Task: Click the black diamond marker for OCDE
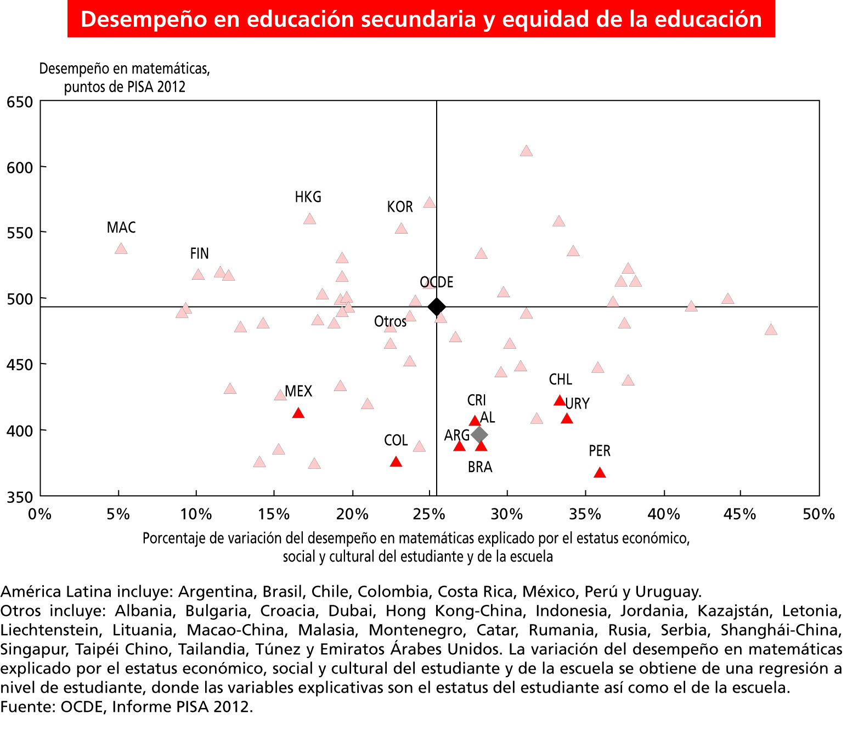point(436,307)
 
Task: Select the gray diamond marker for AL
point(479,435)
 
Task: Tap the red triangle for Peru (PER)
point(600,473)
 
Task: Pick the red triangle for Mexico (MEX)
point(298,413)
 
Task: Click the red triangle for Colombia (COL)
point(396,462)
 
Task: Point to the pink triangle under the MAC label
point(121,249)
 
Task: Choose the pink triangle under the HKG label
point(309,219)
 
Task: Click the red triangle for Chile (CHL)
point(560,401)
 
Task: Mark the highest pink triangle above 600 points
point(526,151)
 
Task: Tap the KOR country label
point(399,207)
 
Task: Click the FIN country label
point(199,253)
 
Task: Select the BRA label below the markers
point(480,467)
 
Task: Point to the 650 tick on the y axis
point(20,102)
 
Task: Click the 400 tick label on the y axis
point(20,431)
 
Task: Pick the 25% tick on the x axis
point(430,514)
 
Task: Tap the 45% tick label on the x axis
point(741,514)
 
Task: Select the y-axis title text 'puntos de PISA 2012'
point(125,87)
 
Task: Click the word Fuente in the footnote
point(27,707)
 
